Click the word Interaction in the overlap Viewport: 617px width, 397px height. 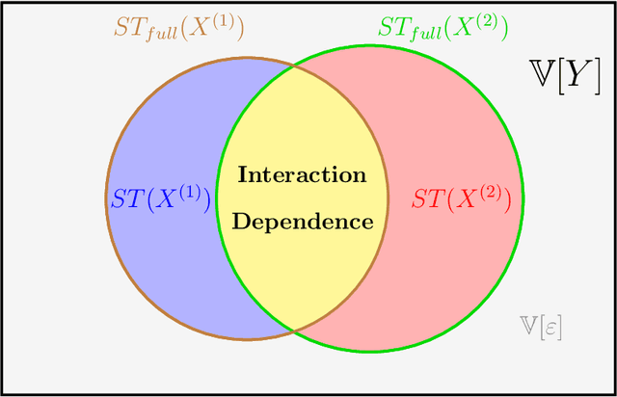coord(302,175)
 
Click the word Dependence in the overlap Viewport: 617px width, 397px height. coord(302,222)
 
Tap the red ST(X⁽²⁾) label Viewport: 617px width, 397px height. coord(468,198)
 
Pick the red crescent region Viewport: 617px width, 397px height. coord(453,270)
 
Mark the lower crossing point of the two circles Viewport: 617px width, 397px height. coord(293,331)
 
